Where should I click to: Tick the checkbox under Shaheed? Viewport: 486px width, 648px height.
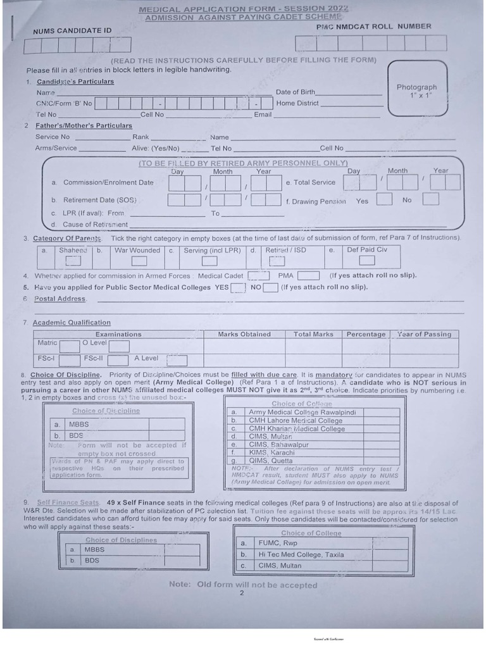tap(73, 260)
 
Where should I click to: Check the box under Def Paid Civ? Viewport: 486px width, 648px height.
tap(367, 260)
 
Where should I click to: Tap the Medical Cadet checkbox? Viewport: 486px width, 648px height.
tap(258, 276)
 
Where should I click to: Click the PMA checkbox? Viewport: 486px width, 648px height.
tap(308, 276)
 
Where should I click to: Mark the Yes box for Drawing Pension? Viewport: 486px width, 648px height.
tap(383, 200)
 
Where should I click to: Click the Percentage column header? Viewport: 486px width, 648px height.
tap(366, 334)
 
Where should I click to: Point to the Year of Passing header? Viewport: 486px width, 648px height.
tap(424, 334)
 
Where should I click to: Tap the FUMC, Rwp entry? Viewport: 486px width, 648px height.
tap(277, 543)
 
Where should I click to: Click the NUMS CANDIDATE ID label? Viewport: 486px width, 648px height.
tap(72, 30)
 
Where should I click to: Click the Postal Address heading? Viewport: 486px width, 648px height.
tap(60, 299)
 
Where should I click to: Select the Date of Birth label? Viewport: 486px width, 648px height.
tap(295, 92)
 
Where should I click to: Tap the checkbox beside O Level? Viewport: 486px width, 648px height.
tap(119, 346)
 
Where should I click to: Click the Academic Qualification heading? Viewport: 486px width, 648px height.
tap(72, 323)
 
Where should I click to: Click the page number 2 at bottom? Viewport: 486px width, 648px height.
tap(242, 593)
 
